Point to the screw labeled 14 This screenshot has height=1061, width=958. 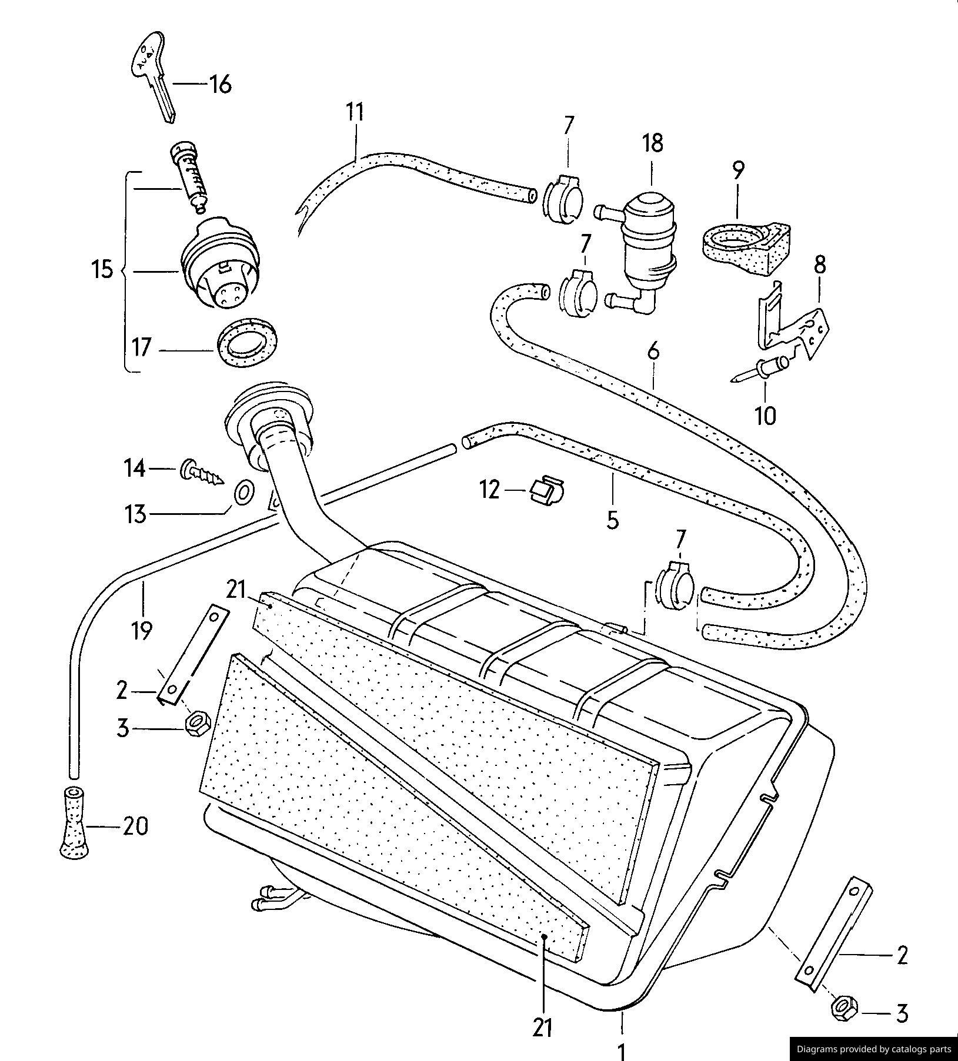point(202,471)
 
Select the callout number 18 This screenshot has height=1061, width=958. point(653,143)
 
